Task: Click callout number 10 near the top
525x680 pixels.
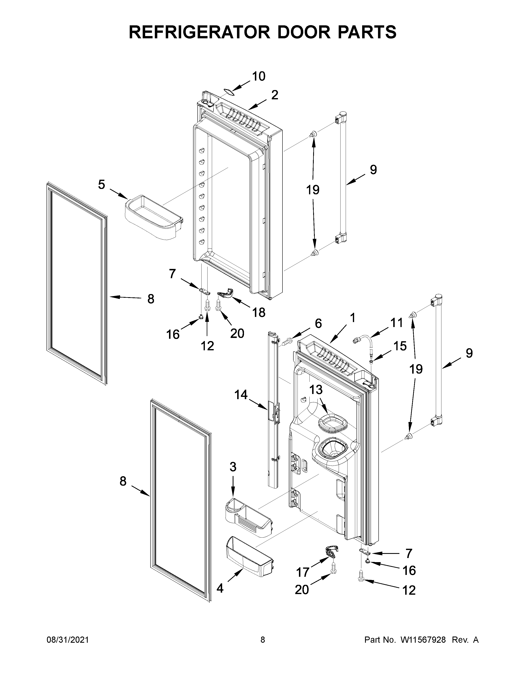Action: click(258, 76)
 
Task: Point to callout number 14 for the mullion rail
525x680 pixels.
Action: click(241, 395)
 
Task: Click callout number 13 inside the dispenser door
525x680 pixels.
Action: click(316, 389)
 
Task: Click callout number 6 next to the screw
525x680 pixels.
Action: click(318, 324)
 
